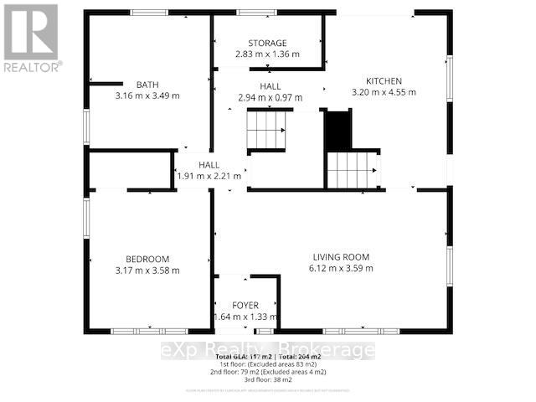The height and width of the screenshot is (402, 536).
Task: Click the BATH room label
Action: (147, 84)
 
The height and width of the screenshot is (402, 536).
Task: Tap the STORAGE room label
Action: (267, 44)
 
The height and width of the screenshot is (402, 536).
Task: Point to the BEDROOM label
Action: (147, 259)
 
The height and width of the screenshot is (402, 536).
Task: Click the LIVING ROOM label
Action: (342, 257)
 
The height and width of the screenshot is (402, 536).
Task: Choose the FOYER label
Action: (245, 306)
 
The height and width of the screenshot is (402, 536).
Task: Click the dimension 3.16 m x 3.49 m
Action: (147, 95)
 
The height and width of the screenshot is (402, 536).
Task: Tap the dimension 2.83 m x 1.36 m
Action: (267, 55)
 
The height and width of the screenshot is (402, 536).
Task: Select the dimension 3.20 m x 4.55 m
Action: (384, 92)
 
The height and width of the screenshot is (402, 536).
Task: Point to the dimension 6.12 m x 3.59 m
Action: (342, 269)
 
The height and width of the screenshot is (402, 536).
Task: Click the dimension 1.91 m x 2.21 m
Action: (209, 177)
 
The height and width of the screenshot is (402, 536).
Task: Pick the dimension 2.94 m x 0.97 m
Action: (270, 98)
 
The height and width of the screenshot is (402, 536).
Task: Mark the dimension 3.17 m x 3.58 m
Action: (147, 271)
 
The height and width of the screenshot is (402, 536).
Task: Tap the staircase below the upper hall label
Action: (267, 131)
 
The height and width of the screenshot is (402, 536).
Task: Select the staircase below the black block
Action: (353, 170)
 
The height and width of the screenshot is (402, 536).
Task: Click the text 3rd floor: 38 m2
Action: (267, 379)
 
